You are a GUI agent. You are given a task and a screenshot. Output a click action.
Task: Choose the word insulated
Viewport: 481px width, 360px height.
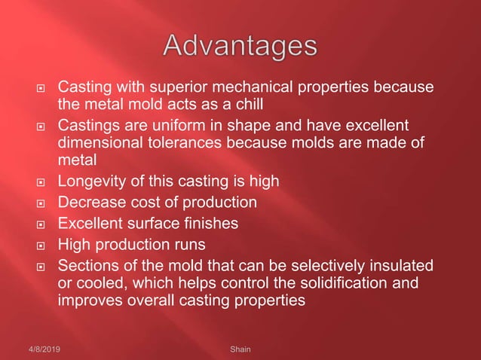pos(397,265)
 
